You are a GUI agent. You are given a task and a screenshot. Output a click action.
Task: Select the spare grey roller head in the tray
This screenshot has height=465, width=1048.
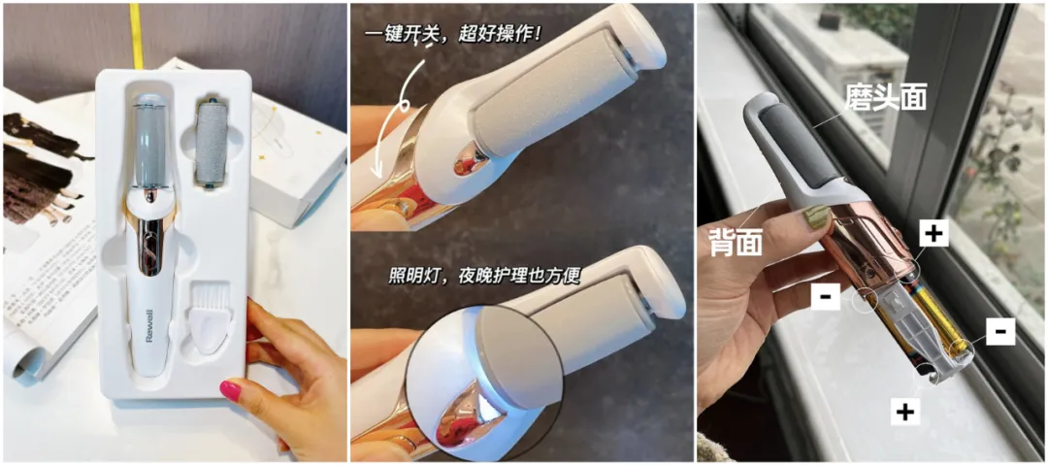pos(212,144)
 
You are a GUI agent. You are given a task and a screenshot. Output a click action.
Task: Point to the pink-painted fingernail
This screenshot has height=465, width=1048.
pos(231,389)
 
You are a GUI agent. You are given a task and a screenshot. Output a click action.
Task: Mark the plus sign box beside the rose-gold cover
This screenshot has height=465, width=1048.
pos(934,234)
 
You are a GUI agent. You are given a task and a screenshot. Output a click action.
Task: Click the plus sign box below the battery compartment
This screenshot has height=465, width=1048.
pos(905,412)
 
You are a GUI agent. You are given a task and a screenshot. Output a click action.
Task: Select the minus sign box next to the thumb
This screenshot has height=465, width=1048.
pos(826,296)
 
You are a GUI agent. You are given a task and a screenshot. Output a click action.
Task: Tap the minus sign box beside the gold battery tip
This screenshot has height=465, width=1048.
pos(1000,330)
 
